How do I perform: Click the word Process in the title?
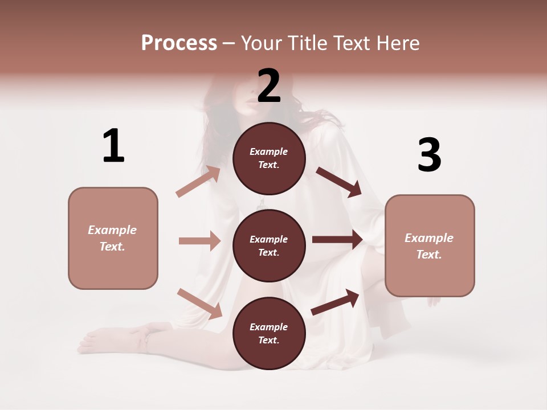click(179, 43)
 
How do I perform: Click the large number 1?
click(113, 146)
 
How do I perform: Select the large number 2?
click(269, 86)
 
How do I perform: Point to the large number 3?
click(429, 155)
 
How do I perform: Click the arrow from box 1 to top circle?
click(198, 181)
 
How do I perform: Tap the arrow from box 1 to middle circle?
click(199, 241)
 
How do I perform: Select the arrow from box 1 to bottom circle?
click(199, 303)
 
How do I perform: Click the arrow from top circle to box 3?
click(338, 182)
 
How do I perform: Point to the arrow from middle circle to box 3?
click(337, 240)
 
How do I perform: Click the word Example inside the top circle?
click(269, 151)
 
